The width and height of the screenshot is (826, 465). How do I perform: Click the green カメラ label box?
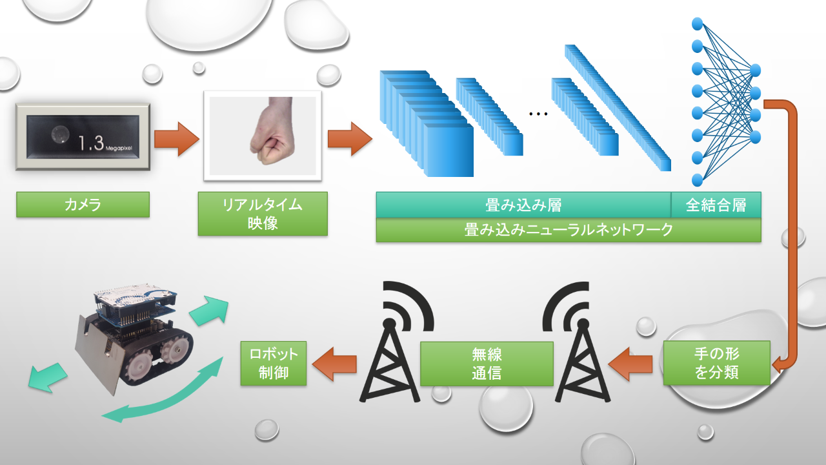[83, 205]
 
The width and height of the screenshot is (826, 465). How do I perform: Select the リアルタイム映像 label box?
[263, 214]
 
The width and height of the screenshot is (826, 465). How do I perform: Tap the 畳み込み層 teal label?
[523, 205]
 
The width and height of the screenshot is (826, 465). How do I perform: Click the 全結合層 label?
[716, 205]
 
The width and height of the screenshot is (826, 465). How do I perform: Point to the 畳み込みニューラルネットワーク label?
[569, 230]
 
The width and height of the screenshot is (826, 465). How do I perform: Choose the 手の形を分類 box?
[717, 363]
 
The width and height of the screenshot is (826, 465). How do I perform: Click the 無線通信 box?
[487, 364]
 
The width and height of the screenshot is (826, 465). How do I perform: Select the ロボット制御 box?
[274, 364]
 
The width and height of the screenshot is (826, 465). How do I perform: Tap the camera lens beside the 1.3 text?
[60, 134]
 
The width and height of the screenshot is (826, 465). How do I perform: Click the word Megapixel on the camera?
[119, 149]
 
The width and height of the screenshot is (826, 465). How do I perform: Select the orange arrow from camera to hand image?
[177, 139]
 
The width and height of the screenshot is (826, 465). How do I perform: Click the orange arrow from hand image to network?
[350, 139]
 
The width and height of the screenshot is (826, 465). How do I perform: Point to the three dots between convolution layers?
[538, 114]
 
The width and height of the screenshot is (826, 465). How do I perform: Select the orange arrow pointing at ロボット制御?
[334, 364]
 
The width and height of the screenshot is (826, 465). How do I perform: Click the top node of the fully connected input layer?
[698, 24]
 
